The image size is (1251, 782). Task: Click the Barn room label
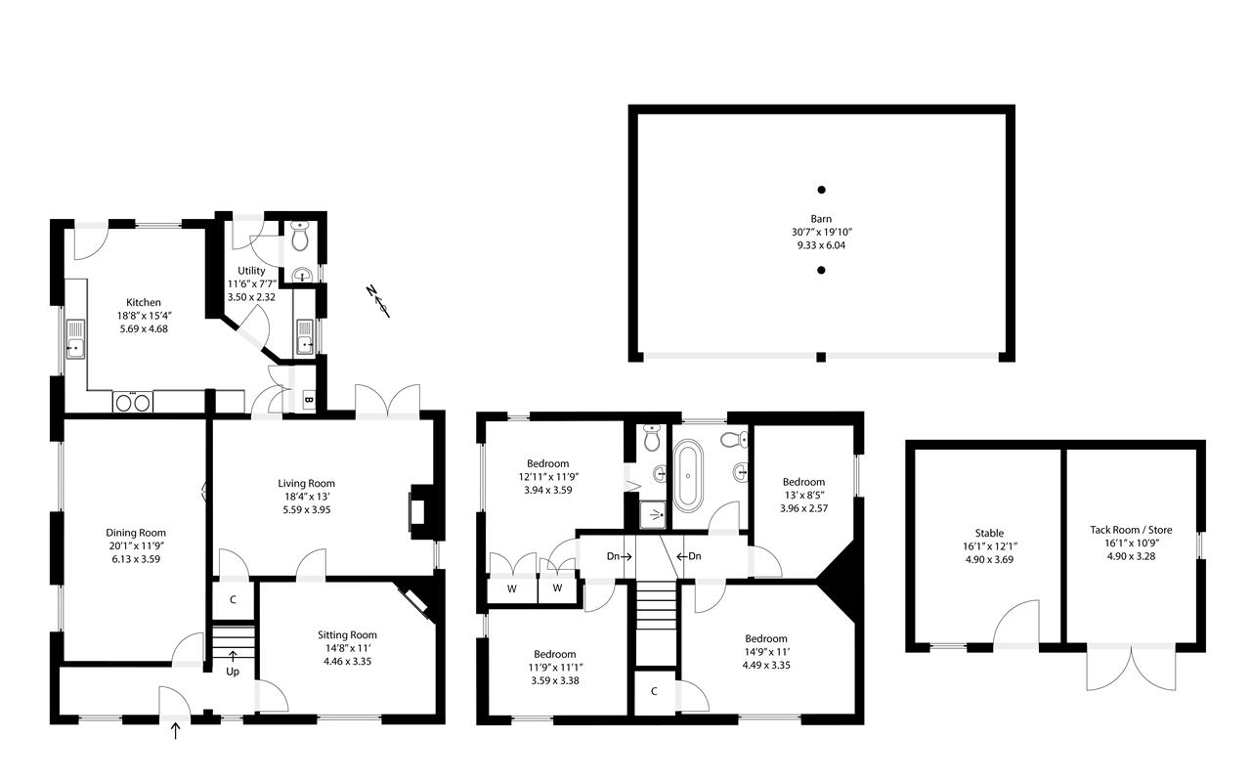(x=821, y=219)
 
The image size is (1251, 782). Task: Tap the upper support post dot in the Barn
(x=821, y=190)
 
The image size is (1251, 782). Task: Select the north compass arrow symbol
(x=378, y=300)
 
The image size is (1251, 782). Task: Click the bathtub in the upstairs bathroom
(x=688, y=476)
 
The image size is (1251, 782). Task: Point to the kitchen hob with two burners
(x=132, y=402)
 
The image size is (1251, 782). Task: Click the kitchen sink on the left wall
(x=75, y=346)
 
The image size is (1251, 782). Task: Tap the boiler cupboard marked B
(x=308, y=400)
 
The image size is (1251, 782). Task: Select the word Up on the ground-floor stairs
(x=233, y=673)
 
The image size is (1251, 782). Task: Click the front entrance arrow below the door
(x=176, y=729)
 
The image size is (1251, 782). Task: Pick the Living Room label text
(x=306, y=483)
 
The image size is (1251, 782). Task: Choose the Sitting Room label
(x=347, y=634)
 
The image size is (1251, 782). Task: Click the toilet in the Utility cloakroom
(x=300, y=235)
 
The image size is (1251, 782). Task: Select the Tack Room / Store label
(x=1131, y=530)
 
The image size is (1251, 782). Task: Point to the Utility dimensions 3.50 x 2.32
(x=246, y=295)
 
